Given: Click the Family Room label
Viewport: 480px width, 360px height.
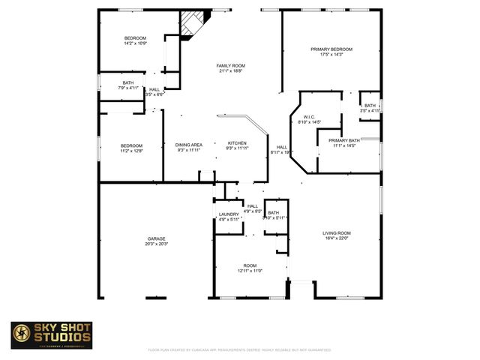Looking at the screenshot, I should (232, 66).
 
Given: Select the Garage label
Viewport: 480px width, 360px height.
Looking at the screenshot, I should (157, 239).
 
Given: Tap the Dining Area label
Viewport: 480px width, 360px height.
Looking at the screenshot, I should (189, 145).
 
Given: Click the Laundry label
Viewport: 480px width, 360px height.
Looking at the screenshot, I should (229, 214).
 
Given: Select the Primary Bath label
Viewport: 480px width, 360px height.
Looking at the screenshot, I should (344, 140).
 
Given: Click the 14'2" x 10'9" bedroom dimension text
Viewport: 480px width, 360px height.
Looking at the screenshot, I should (135, 43).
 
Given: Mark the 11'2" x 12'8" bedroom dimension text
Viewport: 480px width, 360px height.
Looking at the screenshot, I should (132, 151).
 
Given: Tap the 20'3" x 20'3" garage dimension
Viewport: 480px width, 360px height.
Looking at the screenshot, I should (157, 244).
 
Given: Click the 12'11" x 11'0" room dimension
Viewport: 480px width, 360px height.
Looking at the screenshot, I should (250, 271).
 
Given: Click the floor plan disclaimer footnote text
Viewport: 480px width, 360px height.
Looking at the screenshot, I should (239, 349).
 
